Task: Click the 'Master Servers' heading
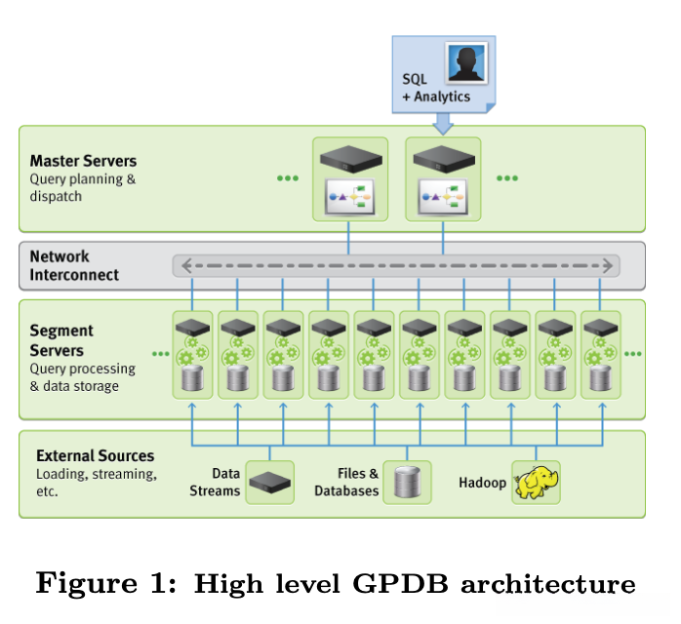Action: [83, 161]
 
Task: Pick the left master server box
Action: [349, 178]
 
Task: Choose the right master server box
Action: [443, 178]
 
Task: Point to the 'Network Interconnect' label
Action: [74, 265]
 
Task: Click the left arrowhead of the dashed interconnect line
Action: [180, 264]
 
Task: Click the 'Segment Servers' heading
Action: [57, 341]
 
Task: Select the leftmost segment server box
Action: [192, 354]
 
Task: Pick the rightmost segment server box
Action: [600, 354]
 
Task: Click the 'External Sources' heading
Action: [95, 455]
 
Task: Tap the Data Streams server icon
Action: [270, 481]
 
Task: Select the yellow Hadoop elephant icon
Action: [537, 482]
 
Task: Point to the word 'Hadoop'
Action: [482, 483]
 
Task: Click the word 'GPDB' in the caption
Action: [409, 585]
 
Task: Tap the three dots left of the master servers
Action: [288, 178]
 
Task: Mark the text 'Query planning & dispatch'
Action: [82, 187]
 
